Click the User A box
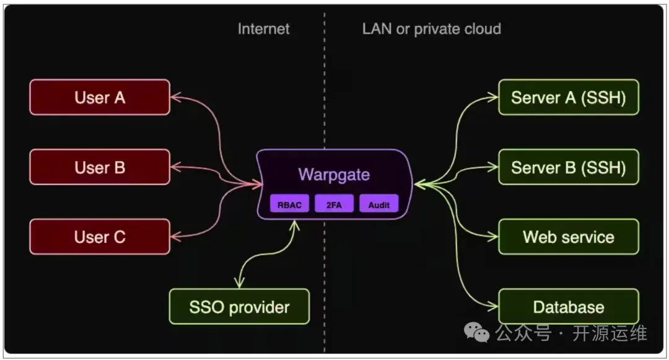pyautogui.click(x=100, y=97)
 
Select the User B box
pyautogui.click(x=100, y=167)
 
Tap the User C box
pyautogui.click(x=100, y=237)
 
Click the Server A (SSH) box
pyautogui.click(x=568, y=97)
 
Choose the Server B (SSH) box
pyautogui.click(x=568, y=167)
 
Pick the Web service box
pyautogui.click(x=568, y=237)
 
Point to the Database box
pyautogui.click(x=568, y=307)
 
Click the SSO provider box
pyautogui.click(x=239, y=307)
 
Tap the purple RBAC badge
pyautogui.click(x=289, y=204)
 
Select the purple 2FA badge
pyautogui.click(x=334, y=204)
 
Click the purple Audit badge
pyautogui.click(x=378, y=204)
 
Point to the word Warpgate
pyautogui.click(x=334, y=174)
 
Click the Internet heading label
pyautogui.click(x=263, y=29)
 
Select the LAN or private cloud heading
pyautogui.click(x=431, y=29)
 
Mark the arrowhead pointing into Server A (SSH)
pyautogui.click(x=494, y=97)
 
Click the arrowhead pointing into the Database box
pyautogui.click(x=494, y=307)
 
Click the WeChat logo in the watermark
pyautogui.click(x=477, y=334)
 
